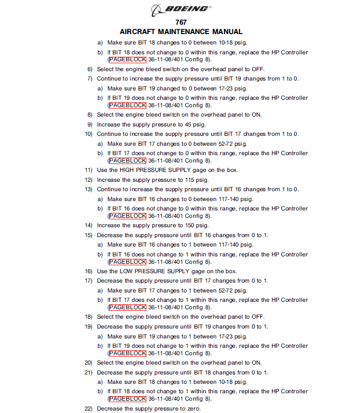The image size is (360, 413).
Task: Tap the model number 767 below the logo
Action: tap(181, 22)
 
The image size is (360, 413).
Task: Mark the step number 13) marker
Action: tap(89, 189)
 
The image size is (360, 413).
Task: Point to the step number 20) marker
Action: tap(89, 363)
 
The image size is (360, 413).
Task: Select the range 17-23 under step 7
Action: tap(227, 88)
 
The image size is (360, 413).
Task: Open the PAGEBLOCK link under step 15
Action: tap(128, 262)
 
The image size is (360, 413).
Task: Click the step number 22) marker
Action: tap(89, 409)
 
